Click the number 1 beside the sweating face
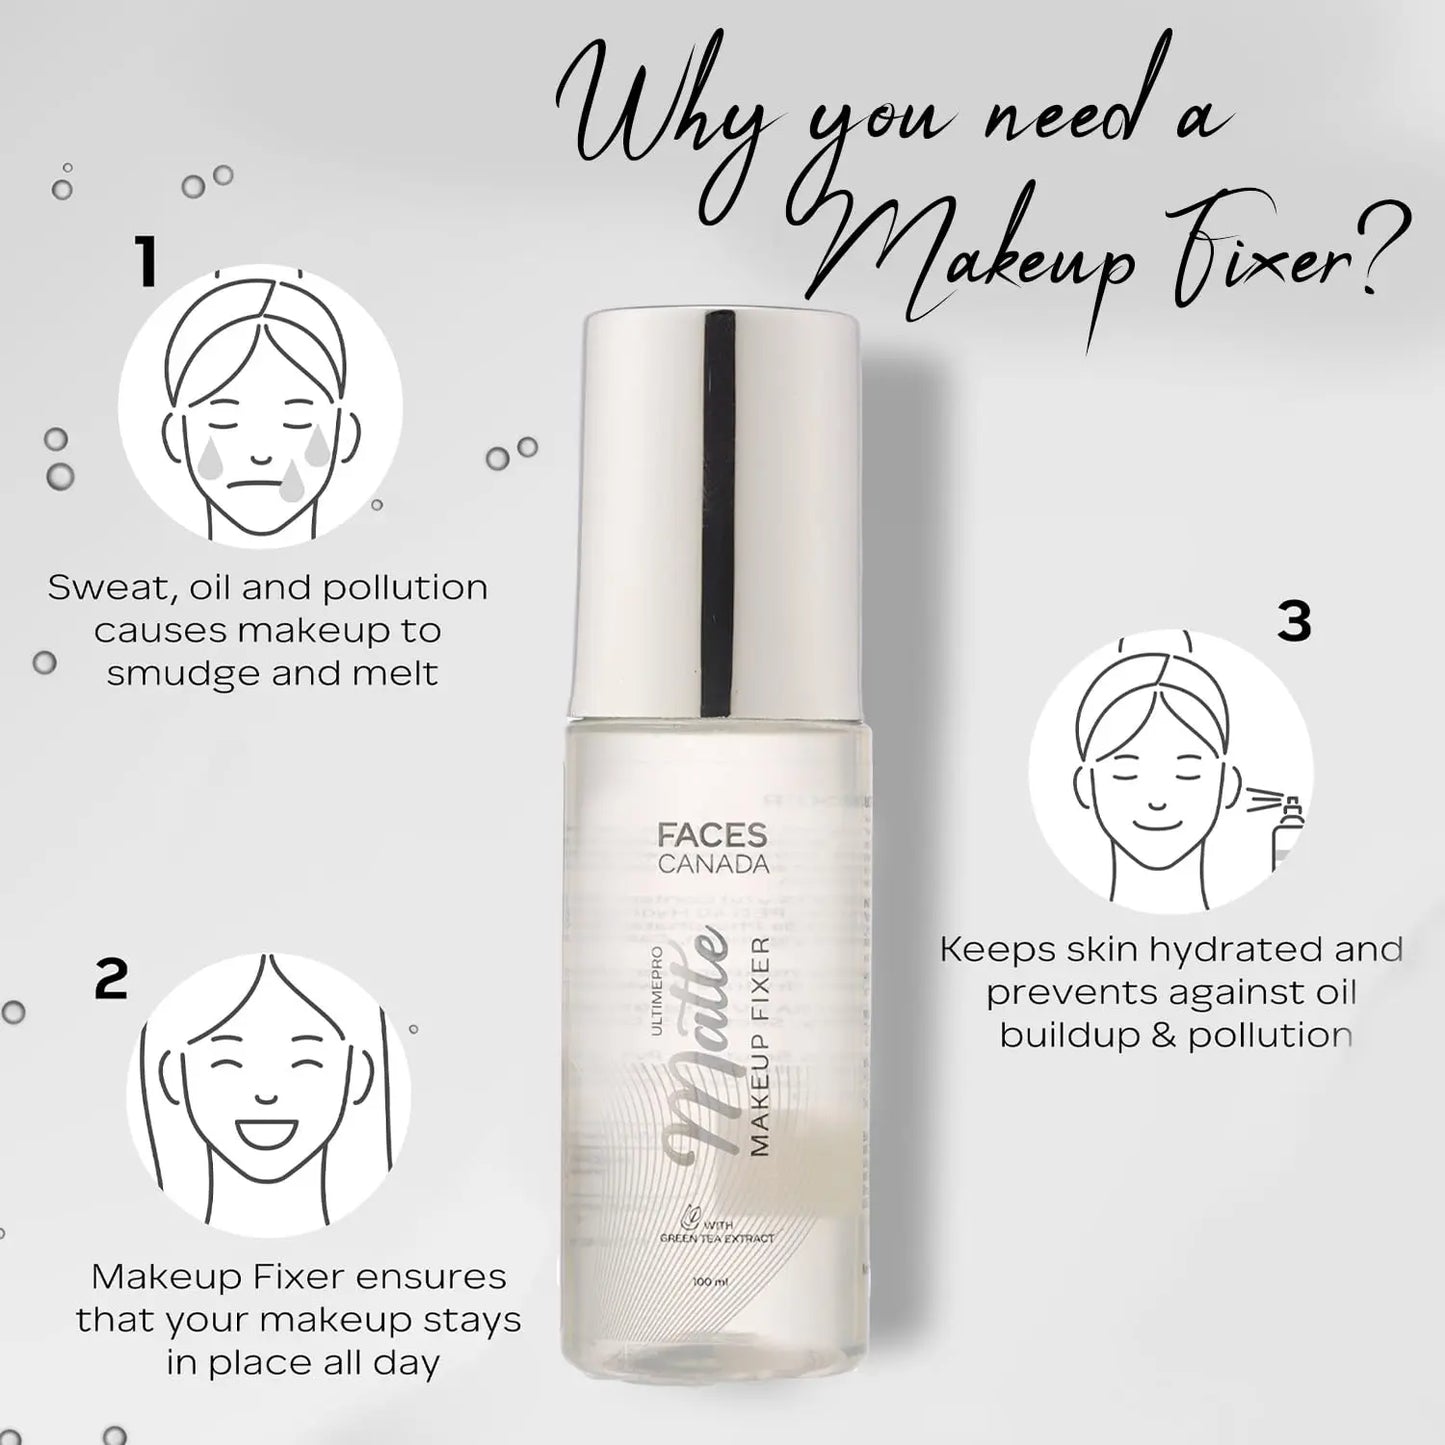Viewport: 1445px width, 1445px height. pyautogui.click(x=148, y=263)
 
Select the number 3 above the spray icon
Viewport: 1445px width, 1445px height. pyautogui.click(x=1294, y=622)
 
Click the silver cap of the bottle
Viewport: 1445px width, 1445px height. pyautogui.click(x=719, y=510)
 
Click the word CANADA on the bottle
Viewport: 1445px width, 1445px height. pyautogui.click(x=713, y=864)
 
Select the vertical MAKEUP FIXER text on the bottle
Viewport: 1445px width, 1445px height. pyautogui.click(x=759, y=1047)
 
